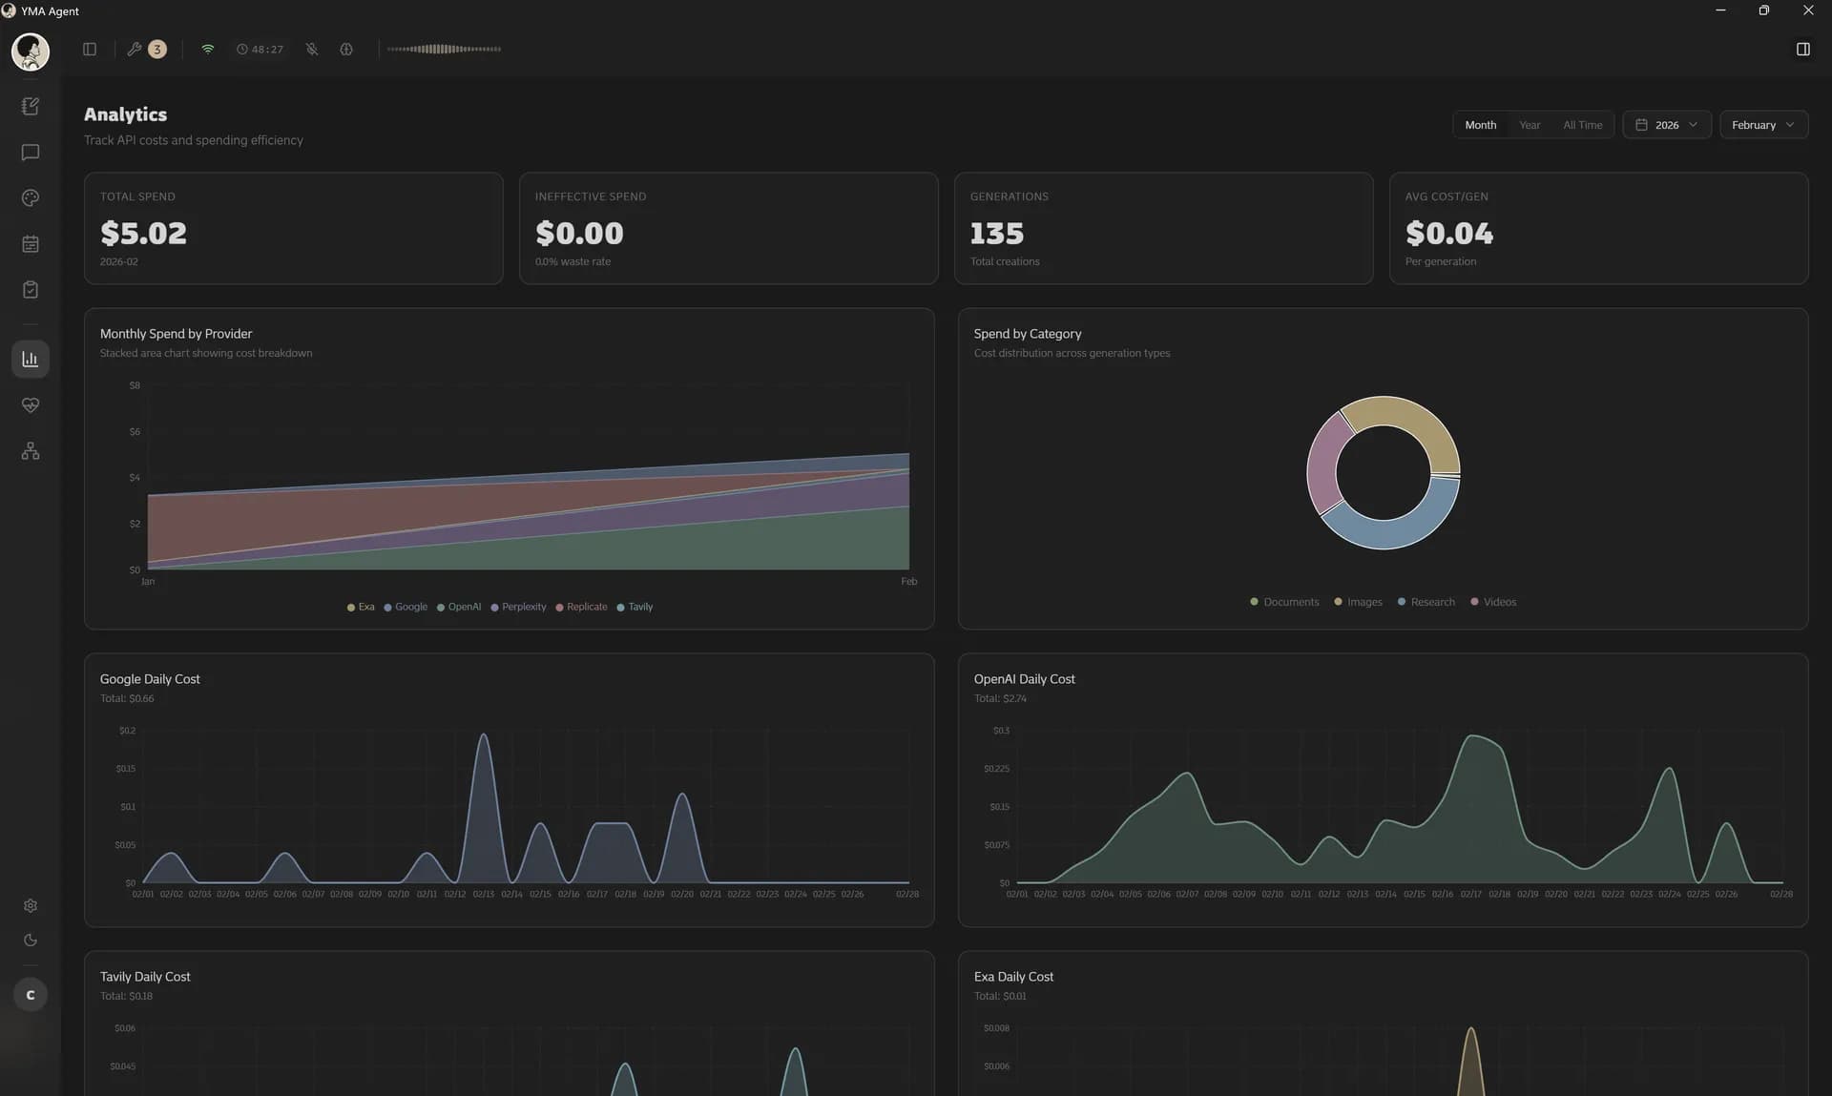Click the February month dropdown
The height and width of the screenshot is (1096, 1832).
coord(1762,125)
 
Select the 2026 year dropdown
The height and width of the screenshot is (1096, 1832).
coord(1666,125)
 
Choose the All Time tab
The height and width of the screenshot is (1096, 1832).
coord(1582,125)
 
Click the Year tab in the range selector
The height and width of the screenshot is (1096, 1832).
coord(1529,125)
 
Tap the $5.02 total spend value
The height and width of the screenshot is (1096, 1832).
coord(143,233)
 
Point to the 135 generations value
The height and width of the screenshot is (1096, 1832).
coord(996,233)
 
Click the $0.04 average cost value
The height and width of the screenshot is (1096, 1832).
coord(1448,233)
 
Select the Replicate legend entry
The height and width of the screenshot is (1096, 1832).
coord(586,607)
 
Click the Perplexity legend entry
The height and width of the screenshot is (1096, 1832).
coord(523,607)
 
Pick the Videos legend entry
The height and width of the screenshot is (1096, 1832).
coord(1498,602)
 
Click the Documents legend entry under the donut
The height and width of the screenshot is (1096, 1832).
coord(1290,602)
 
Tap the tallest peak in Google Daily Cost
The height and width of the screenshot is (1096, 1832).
coord(484,735)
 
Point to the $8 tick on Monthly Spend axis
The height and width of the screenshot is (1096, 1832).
coord(135,385)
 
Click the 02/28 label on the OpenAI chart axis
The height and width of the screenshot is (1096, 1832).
coord(1780,894)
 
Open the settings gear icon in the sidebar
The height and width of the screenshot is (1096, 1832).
coord(31,905)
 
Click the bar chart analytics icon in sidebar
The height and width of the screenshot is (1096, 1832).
coord(31,359)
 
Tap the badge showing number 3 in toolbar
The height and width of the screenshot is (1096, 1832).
coord(157,49)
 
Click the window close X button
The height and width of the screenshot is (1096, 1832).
coord(1807,10)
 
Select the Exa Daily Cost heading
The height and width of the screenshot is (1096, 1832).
coord(1013,977)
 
